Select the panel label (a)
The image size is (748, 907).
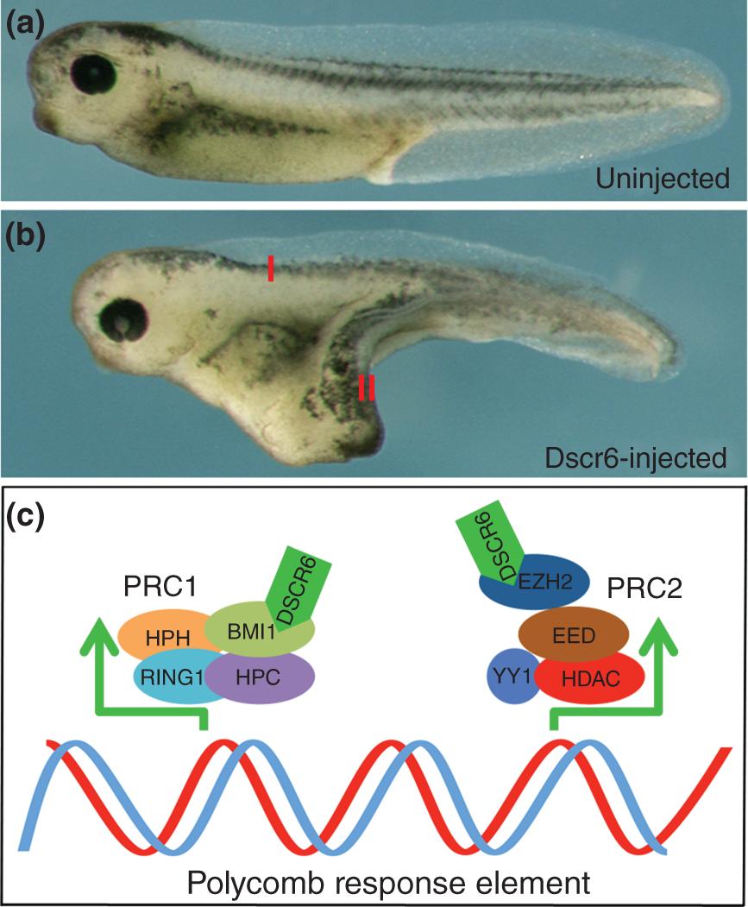(x=26, y=19)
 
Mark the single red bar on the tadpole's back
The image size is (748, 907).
(x=271, y=268)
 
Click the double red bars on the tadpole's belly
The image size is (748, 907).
(x=367, y=387)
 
